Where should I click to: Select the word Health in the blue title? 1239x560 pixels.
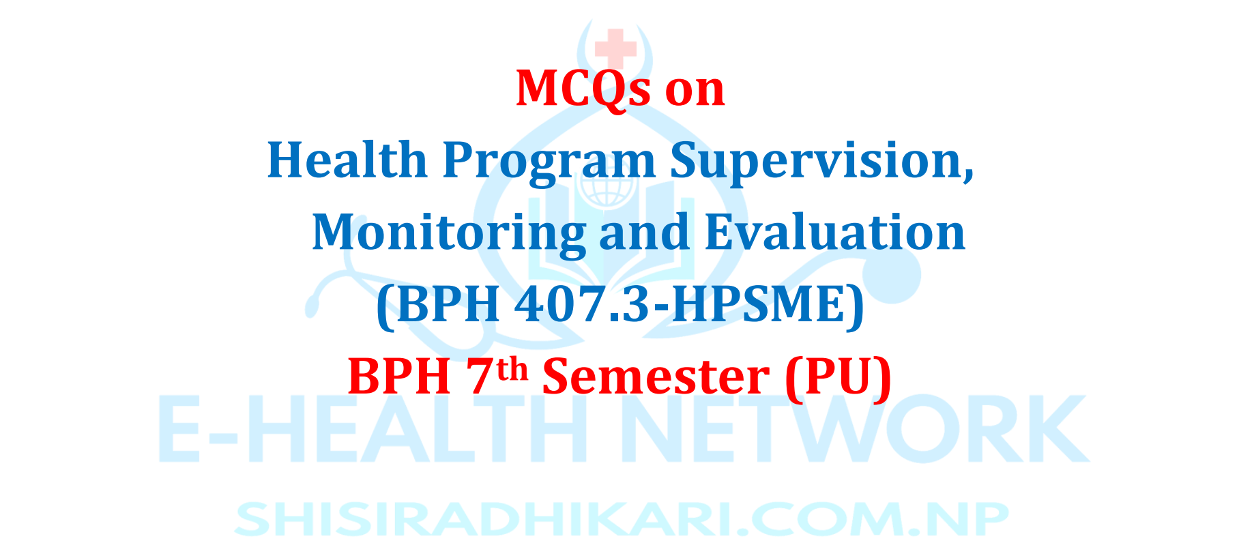pyautogui.click(x=347, y=160)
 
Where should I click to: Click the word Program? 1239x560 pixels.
pyautogui.click(x=550, y=163)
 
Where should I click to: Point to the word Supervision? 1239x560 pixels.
pyautogui.click(x=822, y=163)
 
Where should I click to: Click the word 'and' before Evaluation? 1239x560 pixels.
pyautogui.click(x=644, y=233)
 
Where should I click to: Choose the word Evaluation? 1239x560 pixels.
pyautogui.click(x=835, y=233)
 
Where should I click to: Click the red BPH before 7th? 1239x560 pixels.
pyautogui.click(x=399, y=377)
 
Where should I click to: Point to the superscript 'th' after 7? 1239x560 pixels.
pyautogui.click(x=512, y=369)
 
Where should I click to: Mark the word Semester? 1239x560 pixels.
pyautogui.click(x=656, y=377)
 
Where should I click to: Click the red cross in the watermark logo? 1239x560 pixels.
pyautogui.click(x=615, y=46)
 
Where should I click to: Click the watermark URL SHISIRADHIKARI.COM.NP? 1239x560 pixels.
pyautogui.click(x=621, y=519)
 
